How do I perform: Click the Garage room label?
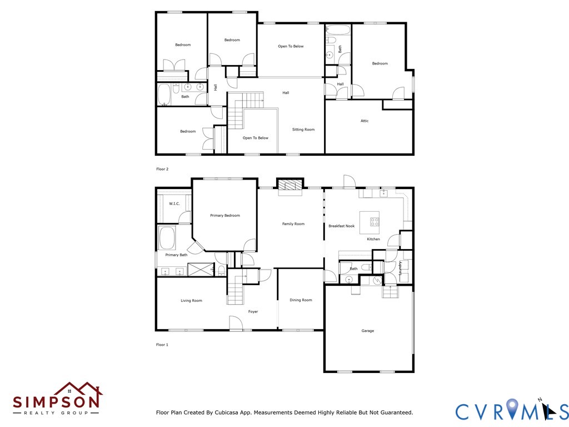[368, 331]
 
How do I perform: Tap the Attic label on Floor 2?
[365, 121]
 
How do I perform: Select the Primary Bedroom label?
[225, 216]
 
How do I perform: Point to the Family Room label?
[293, 224]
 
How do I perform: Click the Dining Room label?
[301, 300]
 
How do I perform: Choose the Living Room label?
[191, 301]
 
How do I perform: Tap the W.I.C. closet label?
[174, 203]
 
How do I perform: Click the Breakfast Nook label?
[342, 226]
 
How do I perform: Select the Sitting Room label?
[303, 130]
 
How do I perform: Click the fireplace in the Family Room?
[290, 186]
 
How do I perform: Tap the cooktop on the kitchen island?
[375, 221]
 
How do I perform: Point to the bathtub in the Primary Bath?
[167, 238]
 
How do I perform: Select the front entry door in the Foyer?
[236, 323]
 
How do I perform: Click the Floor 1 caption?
[162, 345]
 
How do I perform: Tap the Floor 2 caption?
[162, 169]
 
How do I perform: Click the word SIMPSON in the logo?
[56, 401]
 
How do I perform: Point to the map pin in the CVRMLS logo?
[512, 408]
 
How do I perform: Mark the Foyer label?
[253, 311]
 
